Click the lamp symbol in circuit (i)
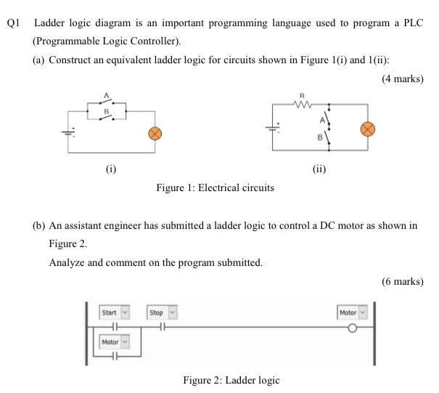click(154, 133)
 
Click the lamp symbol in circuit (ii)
click(369, 129)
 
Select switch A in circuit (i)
click(107, 102)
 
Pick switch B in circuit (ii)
click(329, 136)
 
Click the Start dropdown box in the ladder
click(114, 312)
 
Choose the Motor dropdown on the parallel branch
click(114, 341)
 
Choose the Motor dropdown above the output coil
click(353, 312)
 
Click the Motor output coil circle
click(353, 328)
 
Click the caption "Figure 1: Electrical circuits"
click(215, 187)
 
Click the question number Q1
click(13, 23)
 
